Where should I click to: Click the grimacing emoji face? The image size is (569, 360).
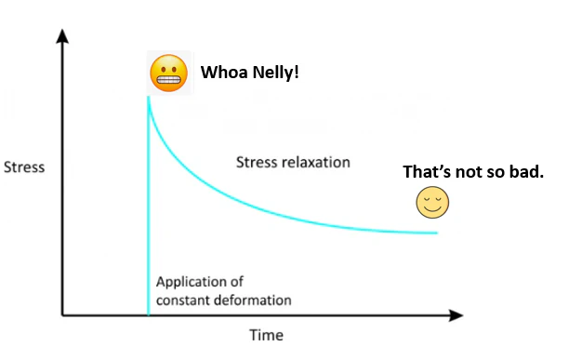tap(168, 73)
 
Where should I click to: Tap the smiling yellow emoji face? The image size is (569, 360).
tap(432, 202)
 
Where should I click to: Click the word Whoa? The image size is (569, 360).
tap(225, 73)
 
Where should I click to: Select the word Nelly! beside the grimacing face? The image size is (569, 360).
tap(276, 73)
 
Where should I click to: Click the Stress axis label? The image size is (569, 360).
tap(24, 167)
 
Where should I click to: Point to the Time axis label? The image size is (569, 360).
tap(266, 335)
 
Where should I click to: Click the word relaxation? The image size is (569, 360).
tap(316, 162)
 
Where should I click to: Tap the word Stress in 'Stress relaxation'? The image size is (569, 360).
tap(258, 162)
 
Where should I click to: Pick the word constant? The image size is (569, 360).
tap(183, 300)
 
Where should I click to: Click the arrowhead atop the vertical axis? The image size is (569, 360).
tap(62, 36)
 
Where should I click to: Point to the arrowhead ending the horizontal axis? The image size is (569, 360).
tap(457, 315)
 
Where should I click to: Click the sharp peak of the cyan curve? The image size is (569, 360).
tap(148, 97)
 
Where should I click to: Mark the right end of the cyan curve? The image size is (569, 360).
tap(437, 233)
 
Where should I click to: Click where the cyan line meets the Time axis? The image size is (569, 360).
tap(149, 314)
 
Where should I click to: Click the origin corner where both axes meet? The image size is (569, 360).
tap(62, 315)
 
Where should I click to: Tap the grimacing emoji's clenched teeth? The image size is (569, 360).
tap(168, 79)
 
